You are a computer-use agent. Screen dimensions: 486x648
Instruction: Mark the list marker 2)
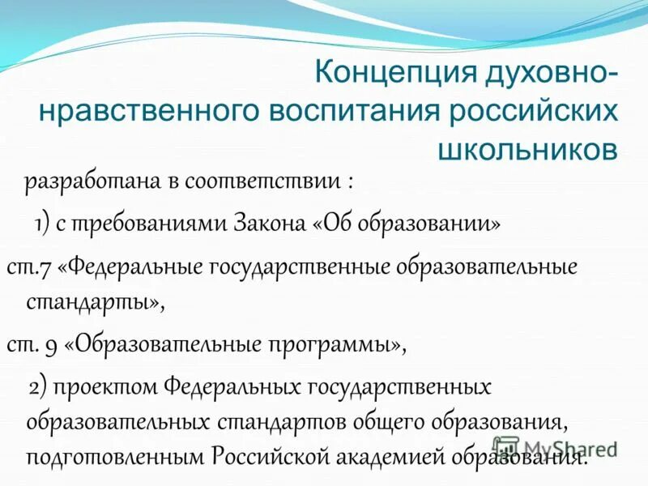click(40, 386)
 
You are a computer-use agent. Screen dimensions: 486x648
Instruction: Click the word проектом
click(109, 386)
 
